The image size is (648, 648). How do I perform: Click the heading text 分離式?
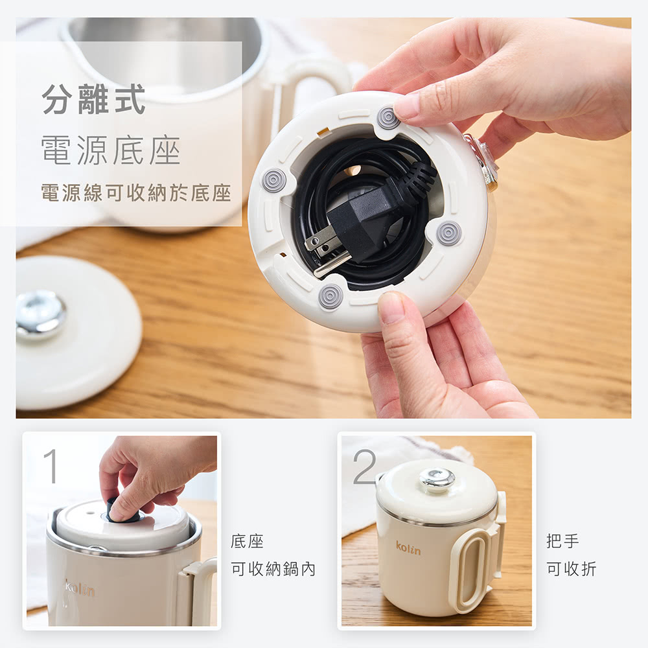[x=93, y=98]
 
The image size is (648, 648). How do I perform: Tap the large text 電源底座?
[x=111, y=150]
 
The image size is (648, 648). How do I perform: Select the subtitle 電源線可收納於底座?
[x=136, y=193]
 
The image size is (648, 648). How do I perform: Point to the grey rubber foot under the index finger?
[x=388, y=118]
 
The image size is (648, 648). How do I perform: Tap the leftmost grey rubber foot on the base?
[x=274, y=180]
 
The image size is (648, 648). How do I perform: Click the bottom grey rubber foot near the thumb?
[x=330, y=296]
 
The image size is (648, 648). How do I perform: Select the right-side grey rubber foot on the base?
[x=449, y=233]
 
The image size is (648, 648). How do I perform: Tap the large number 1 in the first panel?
[x=51, y=466]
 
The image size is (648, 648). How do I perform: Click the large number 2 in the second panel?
[x=365, y=467]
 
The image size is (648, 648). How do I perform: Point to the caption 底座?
[x=247, y=541]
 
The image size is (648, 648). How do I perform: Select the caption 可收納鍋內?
[x=273, y=569]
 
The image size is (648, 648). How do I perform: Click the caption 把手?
[x=562, y=541]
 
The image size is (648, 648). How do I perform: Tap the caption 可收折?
[x=572, y=569]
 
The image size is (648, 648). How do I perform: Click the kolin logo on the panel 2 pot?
[x=408, y=548]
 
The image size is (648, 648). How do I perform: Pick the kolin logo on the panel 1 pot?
[x=79, y=588]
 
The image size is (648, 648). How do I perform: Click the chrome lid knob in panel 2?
[x=437, y=480]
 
